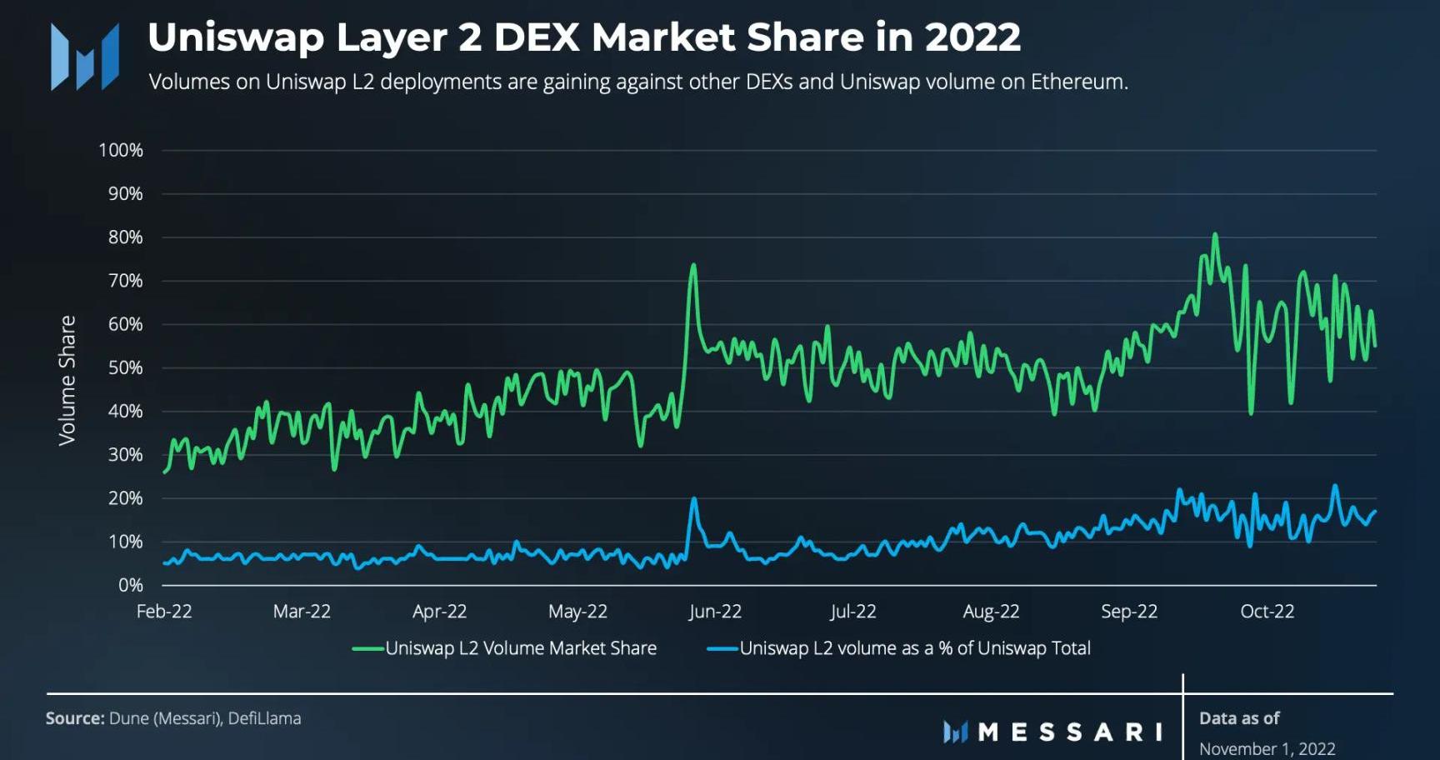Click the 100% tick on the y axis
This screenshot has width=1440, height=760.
coord(121,151)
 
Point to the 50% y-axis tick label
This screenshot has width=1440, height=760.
coord(125,367)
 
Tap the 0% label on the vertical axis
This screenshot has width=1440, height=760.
coord(130,585)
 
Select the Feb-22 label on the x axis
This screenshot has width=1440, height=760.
coord(164,612)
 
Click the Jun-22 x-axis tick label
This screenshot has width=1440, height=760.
coord(714,612)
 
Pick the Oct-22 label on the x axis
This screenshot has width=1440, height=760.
coord(1267,612)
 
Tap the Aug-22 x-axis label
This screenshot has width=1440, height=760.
coord(991,612)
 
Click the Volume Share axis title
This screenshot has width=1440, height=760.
coord(67,380)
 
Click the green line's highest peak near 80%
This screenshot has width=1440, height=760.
coord(1215,235)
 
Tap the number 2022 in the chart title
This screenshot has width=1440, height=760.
coord(972,37)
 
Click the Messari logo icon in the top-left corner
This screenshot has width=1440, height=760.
coord(85,57)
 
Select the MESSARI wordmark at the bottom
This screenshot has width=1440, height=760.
coord(1070,732)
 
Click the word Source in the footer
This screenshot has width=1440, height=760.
coord(73,718)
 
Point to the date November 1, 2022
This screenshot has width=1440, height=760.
coord(1267,748)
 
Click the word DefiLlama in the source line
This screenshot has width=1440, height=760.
coord(264,718)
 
